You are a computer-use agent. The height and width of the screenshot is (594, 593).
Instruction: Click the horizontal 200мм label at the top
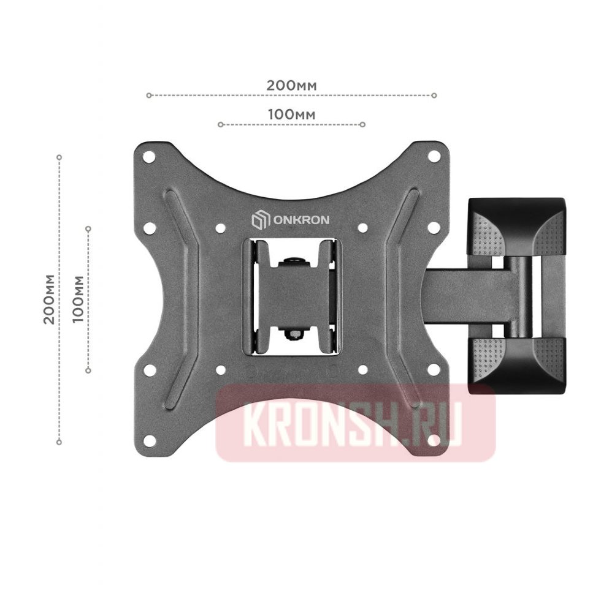(x=291, y=85)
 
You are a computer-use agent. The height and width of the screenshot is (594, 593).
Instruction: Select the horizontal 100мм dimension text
(x=291, y=115)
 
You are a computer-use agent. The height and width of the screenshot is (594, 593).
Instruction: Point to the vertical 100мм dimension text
(x=78, y=299)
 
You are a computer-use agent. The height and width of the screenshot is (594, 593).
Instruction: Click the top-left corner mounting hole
(x=148, y=157)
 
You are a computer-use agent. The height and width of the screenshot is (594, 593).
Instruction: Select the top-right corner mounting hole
(x=433, y=157)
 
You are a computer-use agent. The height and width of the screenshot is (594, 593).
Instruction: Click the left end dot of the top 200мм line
(x=148, y=96)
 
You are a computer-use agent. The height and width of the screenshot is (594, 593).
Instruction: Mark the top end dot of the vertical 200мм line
(x=59, y=157)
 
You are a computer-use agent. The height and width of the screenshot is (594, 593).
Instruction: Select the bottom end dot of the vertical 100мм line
(x=88, y=370)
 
